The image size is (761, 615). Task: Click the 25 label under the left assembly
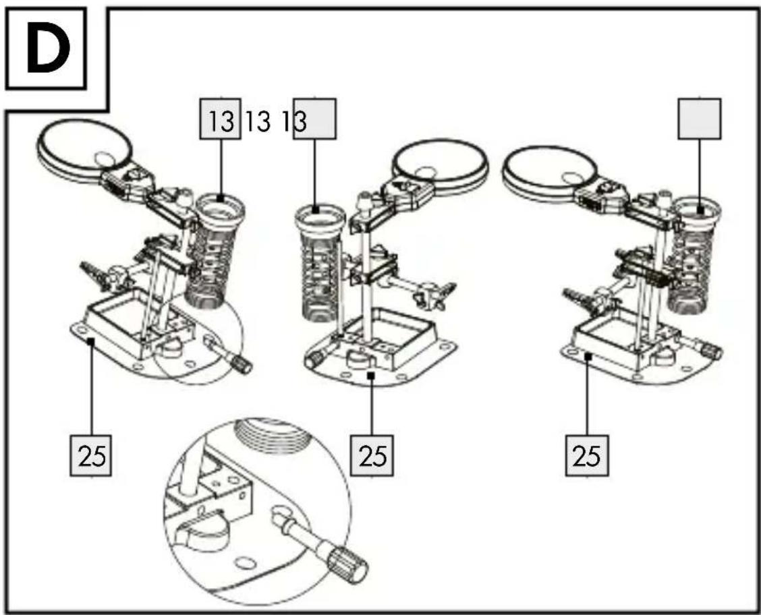tap(91, 455)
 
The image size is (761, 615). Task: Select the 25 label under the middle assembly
tap(372, 455)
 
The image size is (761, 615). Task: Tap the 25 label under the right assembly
tap(587, 455)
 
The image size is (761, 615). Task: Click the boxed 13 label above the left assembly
tap(221, 119)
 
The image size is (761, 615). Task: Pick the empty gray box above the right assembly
tap(700, 119)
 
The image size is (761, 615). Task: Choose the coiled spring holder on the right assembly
tap(694, 255)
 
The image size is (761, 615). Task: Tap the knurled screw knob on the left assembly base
tap(242, 363)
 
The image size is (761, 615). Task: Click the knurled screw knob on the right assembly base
tap(713, 351)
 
